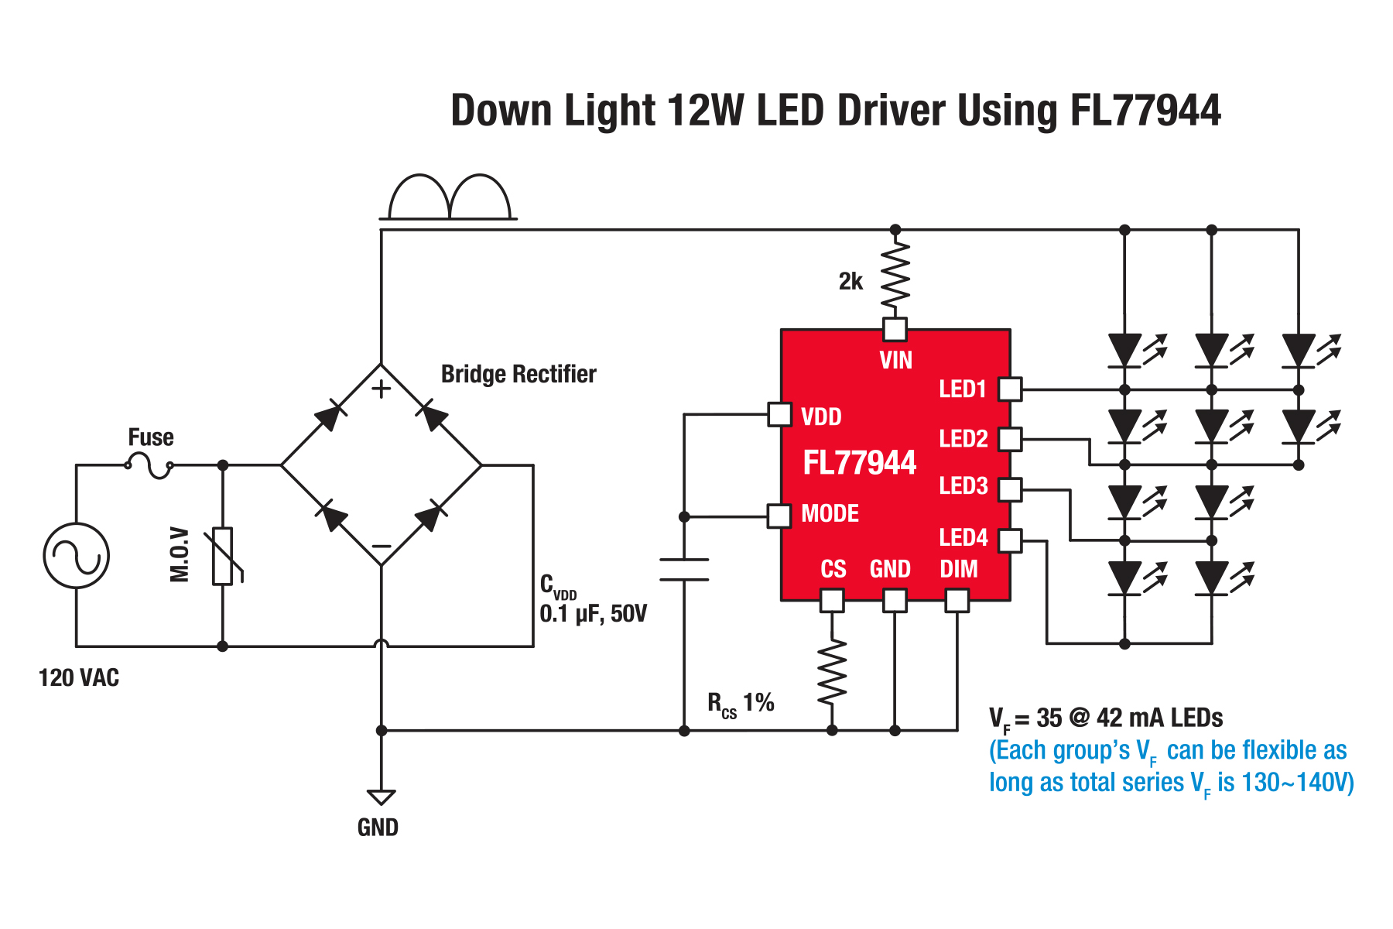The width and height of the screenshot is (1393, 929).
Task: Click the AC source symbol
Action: click(x=76, y=556)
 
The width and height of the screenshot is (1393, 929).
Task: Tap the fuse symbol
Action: click(x=149, y=466)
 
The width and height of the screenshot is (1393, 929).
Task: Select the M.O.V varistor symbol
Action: click(x=224, y=556)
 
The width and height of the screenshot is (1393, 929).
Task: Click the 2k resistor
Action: click(x=895, y=275)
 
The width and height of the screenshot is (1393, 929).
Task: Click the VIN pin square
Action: click(x=895, y=330)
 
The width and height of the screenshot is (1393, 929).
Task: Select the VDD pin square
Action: click(x=779, y=414)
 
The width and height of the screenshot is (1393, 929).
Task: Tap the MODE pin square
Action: click(x=779, y=516)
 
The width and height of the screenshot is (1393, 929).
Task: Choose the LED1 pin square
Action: click(x=1010, y=389)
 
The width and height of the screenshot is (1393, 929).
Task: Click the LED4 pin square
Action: click(x=1010, y=540)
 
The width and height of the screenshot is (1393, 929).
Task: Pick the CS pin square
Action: click(x=832, y=600)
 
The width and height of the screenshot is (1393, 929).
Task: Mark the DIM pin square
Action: click(x=957, y=600)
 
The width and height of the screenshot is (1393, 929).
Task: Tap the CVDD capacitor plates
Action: click(x=684, y=569)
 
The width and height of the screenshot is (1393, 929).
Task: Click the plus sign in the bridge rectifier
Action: click(x=381, y=389)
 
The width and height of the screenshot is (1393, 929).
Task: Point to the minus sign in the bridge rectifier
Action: click(x=381, y=547)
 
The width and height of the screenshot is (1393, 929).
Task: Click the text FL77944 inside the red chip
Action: click(x=859, y=463)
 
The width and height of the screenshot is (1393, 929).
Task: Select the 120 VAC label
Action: click(x=79, y=678)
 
